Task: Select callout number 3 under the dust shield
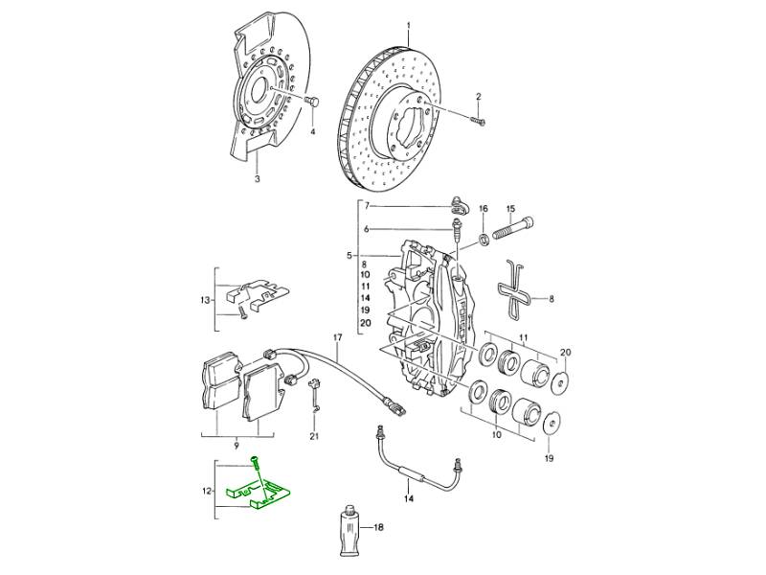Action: point(258,179)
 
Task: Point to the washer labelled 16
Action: point(484,236)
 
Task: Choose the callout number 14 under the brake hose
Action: point(408,500)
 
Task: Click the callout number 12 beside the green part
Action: point(204,491)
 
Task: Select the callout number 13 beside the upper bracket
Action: point(205,301)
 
